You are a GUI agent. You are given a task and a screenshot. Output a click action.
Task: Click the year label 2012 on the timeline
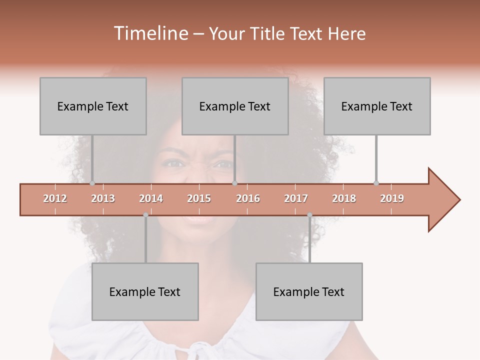pyautogui.click(x=55, y=198)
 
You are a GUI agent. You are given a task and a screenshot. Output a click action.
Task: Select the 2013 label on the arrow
pyautogui.click(x=103, y=198)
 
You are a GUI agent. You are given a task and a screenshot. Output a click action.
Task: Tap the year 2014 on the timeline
pyautogui.click(x=151, y=198)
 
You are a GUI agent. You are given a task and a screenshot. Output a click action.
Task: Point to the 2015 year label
pyautogui.click(x=199, y=198)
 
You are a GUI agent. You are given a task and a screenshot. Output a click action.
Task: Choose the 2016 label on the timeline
pyautogui.click(x=248, y=198)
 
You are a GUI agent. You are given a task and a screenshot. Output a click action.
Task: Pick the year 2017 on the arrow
pyautogui.click(x=296, y=198)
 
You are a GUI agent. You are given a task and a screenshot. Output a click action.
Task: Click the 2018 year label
pyautogui.click(x=344, y=198)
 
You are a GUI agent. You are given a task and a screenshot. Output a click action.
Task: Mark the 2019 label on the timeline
pyautogui.click(x=392, y=198)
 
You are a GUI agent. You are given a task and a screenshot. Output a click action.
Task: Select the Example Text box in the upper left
pyautogui.click(x=93, y=106)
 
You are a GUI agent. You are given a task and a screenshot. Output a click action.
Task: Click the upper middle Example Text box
pyautogui.click(x=235, y=106)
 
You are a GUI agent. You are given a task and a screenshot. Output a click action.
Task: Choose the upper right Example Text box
pyautogui.click(x=377, y=106)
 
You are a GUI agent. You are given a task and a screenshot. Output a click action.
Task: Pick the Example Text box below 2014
pyautogui.click(x=145, y=291)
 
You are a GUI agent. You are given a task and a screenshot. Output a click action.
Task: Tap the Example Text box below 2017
pyautogui.click(x=309, y=291)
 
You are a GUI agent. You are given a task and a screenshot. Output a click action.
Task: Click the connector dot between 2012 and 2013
pyautogui.click(x=92, y=183)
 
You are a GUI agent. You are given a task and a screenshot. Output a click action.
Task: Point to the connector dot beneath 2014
pyautogui.click(x=145, y=215)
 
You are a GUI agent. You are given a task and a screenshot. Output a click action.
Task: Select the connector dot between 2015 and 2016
pyautogui.click(x=234, y=183)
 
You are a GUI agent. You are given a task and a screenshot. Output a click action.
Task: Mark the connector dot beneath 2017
pyautogui.click(x=309, y=215)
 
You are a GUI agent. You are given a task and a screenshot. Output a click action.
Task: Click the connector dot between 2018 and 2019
pyautogui.click(x=376, y=183)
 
